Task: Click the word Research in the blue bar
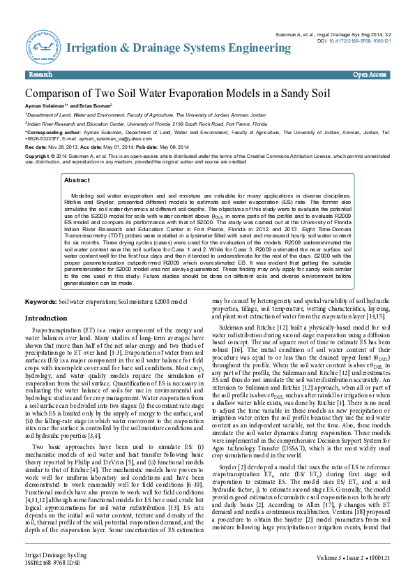click(x=41, y=74)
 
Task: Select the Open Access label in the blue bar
click(x=370, y=74)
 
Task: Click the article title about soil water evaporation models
click(x=169, y=92)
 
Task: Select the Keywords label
click(x=40, y=301)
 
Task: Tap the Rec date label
click(x=36, y=147)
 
